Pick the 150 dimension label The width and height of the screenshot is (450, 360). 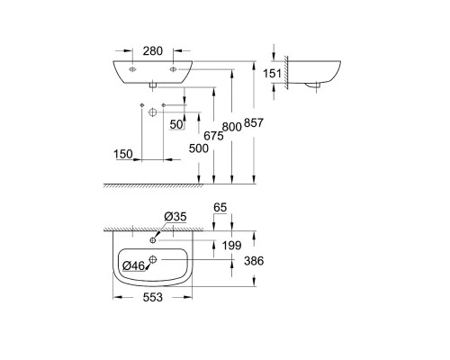tap(124, 154)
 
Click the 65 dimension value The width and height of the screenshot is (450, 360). tap(220, 208)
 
